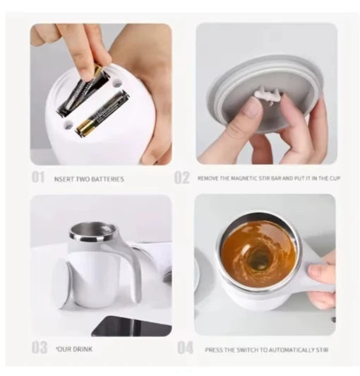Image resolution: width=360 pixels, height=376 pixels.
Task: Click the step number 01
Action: (38, 178)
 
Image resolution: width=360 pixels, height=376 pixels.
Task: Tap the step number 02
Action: (182, 178)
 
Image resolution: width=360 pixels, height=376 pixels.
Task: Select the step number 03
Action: (39, 348)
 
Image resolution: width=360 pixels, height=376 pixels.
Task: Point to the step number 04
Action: (185, 348)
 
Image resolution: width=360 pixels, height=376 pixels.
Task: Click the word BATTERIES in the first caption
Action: (107, 180)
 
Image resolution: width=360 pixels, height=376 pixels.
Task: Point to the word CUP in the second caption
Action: (334, 179)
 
